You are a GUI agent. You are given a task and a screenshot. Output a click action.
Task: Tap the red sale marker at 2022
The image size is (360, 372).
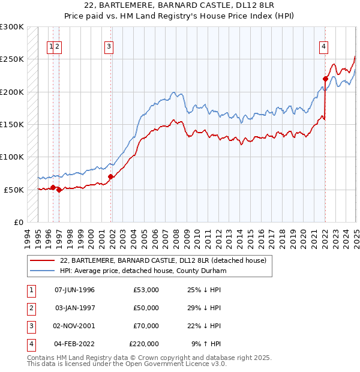[325, 78]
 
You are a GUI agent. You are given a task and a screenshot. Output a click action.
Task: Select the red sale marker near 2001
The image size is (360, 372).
[111, 176]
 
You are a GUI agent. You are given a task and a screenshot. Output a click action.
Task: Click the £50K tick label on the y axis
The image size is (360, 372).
[14, 190]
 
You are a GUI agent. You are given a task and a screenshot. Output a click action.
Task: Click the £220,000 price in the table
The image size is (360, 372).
[144, 344]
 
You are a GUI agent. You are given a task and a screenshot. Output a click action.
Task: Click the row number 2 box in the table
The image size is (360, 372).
[29, 308]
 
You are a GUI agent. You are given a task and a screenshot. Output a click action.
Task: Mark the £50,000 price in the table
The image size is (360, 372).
[146, 308]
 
